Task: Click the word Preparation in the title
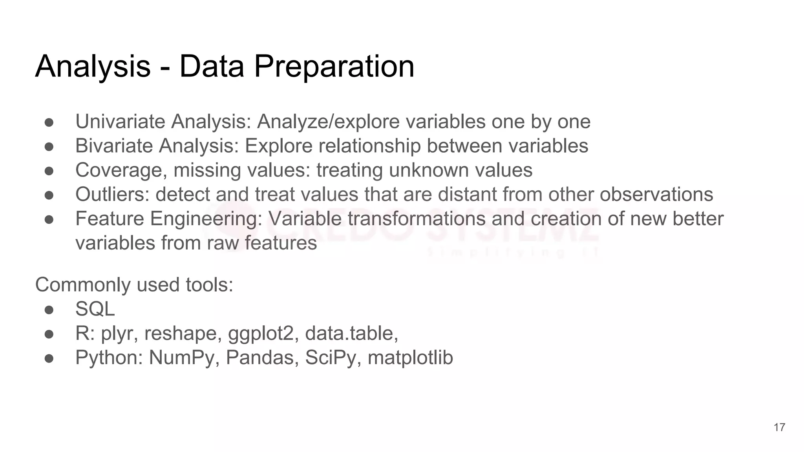334,67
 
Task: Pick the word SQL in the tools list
95,309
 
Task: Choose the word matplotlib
410,358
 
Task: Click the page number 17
779,427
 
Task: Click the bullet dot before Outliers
49,195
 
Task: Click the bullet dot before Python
49,358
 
